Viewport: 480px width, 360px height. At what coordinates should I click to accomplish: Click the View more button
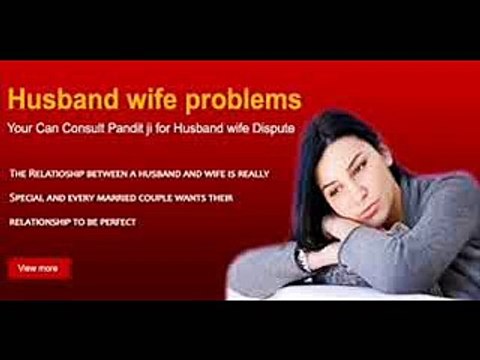click(x=39, y=268)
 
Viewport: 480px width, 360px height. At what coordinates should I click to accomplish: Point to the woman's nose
click(x=325, y=186)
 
